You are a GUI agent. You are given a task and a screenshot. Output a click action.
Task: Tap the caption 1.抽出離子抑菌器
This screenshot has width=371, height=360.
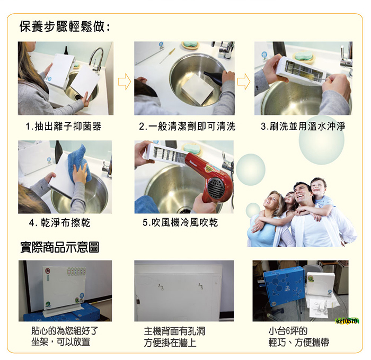64,126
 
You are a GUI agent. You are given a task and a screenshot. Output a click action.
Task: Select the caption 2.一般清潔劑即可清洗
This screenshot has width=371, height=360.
187,127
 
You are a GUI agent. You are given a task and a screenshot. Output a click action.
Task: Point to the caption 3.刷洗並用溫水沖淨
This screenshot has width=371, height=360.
303,126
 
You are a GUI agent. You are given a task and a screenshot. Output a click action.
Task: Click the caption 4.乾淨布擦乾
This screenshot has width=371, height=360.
60,223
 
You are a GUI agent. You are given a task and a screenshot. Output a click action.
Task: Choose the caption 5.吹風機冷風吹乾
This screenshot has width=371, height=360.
180,222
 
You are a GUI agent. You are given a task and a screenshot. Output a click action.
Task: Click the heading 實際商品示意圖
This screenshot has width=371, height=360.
59,247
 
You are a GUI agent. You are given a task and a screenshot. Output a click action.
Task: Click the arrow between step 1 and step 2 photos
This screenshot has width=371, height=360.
124,82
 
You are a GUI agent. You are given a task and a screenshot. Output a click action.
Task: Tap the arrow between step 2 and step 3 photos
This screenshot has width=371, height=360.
244,82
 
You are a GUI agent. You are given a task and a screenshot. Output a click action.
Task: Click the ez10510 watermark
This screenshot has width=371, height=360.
347,321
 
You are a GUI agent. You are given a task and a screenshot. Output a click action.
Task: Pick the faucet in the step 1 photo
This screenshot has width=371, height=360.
96,60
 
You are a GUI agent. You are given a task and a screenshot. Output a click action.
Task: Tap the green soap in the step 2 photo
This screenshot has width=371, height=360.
190,44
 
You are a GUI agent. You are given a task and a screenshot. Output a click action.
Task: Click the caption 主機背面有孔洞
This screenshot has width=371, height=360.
174,331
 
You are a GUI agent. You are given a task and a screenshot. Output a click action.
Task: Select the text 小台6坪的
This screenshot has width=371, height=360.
288,331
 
